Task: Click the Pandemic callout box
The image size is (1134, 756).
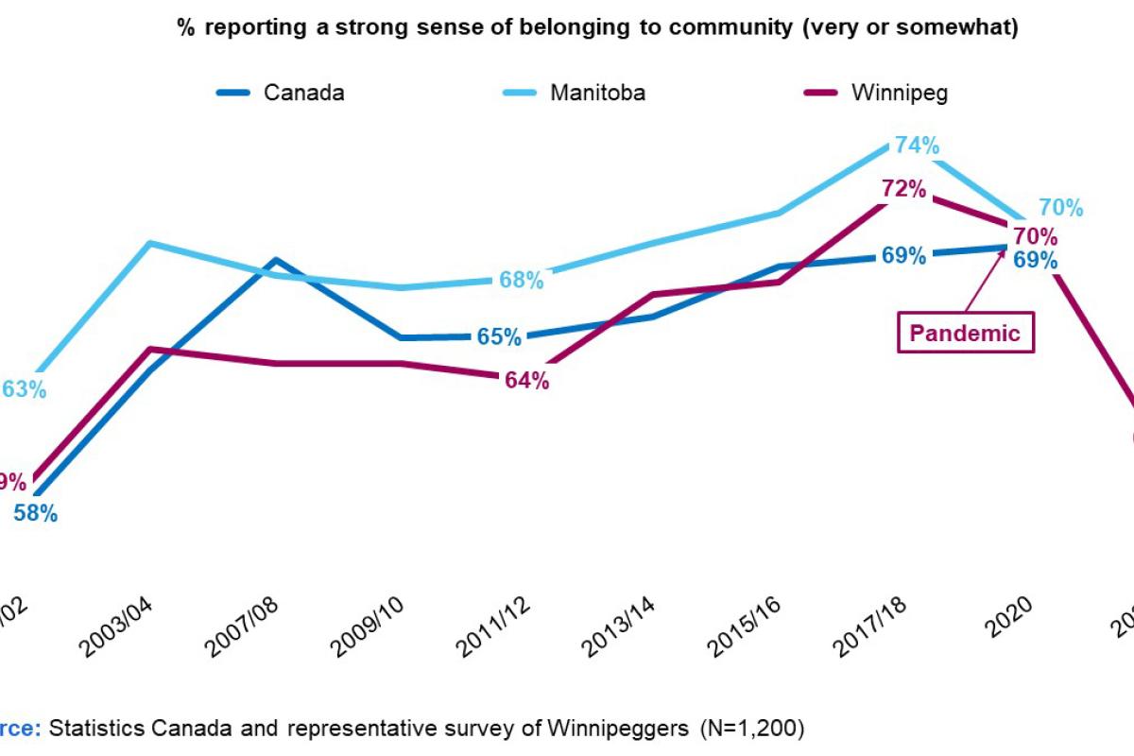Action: coord(964,333)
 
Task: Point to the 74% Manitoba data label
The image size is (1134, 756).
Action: coord(916,146)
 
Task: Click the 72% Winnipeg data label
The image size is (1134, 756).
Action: coord(902,188)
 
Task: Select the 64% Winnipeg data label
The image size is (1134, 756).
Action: coord(525,381)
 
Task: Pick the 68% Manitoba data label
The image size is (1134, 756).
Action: coord(521,280)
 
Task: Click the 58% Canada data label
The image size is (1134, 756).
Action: coord(35,514)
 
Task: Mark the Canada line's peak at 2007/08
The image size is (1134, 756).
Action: coord(275,259)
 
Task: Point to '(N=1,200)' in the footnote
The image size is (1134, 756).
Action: coord(752,728)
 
